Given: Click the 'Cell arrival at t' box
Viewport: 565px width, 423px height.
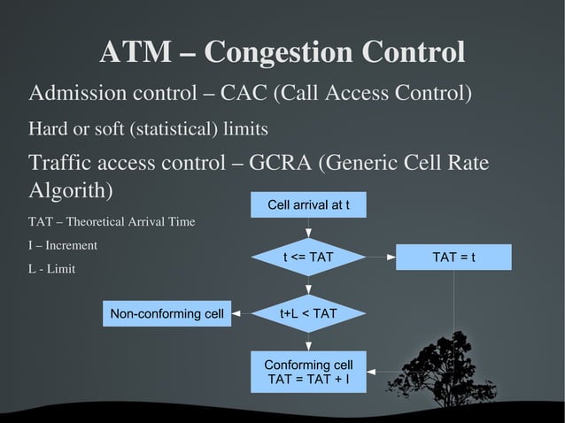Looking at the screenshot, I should coord(308,205).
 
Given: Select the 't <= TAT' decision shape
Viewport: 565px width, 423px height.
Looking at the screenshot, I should coord(308,258).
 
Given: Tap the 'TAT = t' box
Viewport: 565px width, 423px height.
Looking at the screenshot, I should coord(453,258).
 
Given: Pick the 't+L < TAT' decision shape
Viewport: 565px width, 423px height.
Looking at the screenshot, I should coord(308,313).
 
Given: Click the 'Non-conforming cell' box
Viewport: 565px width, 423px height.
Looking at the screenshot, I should coord(166,313).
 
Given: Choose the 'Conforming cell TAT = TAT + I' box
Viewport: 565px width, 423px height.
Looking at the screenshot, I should coord(308,373).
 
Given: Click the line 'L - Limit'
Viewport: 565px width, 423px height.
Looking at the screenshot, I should coord(51,268).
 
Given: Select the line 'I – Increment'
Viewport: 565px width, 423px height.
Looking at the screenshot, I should coord(63,245).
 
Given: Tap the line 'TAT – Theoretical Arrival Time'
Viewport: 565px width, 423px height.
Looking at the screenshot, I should coord(112,221).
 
